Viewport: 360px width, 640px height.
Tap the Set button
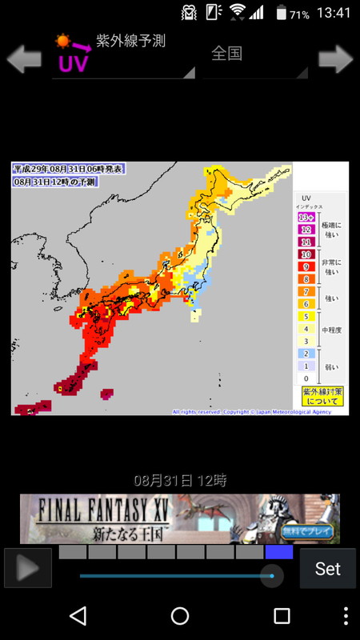328,569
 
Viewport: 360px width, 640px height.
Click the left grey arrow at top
24,58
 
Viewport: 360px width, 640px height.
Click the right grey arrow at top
335,58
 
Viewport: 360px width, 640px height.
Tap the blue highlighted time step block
278,552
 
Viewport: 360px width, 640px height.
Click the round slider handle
272,576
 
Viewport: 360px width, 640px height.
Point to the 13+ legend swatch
305,218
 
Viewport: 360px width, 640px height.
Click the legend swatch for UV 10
305,254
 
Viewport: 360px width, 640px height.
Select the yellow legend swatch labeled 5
305,316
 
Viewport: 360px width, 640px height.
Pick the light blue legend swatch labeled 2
305,353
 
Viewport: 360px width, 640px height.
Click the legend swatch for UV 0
305,378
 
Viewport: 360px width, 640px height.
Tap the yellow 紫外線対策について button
322,396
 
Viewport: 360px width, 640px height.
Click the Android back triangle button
78,615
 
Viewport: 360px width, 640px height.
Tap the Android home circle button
180,615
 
